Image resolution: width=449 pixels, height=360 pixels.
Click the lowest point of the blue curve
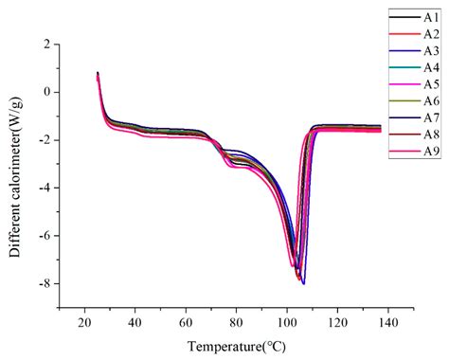point(303,283)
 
